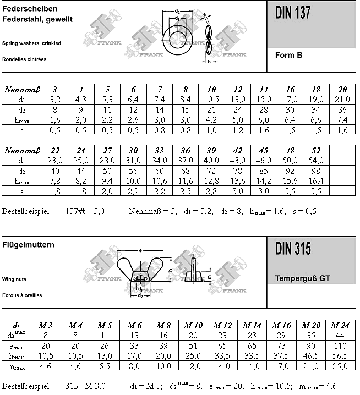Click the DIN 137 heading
293,14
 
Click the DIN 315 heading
293,249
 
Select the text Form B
288,55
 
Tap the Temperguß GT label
302,278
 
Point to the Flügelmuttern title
28,245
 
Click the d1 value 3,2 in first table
55,99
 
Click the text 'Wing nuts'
14,279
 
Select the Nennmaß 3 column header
55,89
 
